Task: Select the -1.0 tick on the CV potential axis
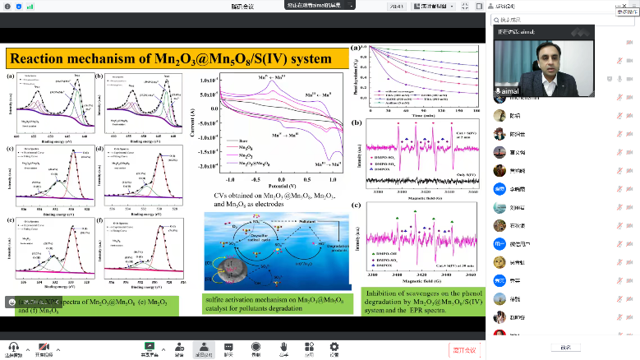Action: (228, 178)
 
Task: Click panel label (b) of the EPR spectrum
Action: (356, 124)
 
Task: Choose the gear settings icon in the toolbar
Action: (334, 348)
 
